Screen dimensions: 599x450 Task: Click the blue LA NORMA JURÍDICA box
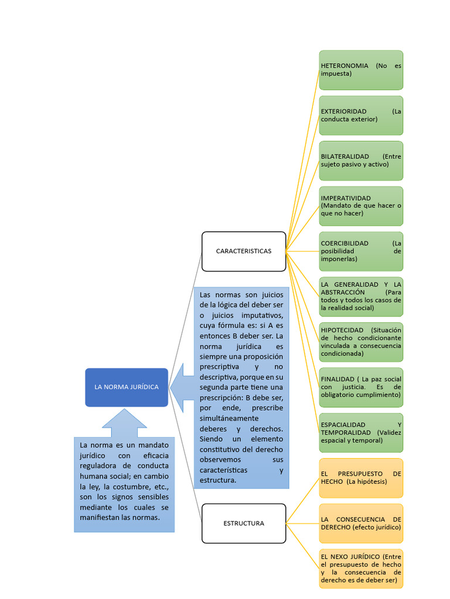click(x=127, y=387)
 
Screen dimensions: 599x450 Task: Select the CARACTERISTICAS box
click(x=244, y=252)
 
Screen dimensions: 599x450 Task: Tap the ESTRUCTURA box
click(x=244, y=524)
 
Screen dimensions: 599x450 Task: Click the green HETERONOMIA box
click(x=361, y=70)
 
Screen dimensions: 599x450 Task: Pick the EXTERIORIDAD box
click(x=361, y=115)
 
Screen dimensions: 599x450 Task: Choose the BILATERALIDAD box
click(x=361, y=161)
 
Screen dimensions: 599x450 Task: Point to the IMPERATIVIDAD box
click(x=361, y=206)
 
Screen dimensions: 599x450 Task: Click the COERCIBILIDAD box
click(x=361, y=252)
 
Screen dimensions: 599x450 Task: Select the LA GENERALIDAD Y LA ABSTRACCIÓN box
click(x=361, y=297)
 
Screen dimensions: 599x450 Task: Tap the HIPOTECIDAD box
click(x=361, y=342)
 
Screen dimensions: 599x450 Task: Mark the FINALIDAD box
click(x=361, y=387)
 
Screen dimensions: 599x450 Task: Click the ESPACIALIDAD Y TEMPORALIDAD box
click(x=361, y=433)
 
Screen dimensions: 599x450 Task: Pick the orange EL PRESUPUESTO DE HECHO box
click(x=361, y=478)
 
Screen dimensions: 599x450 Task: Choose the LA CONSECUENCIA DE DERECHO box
click(x=361, y=524)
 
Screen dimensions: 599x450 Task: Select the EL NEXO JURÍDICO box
click(x=361, y=569)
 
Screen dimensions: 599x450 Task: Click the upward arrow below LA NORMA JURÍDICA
click(x=124, y=422)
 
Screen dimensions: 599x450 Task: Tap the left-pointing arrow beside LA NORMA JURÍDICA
click(x=182, y=387)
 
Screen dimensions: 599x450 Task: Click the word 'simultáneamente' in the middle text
click(x=229, y=418)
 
